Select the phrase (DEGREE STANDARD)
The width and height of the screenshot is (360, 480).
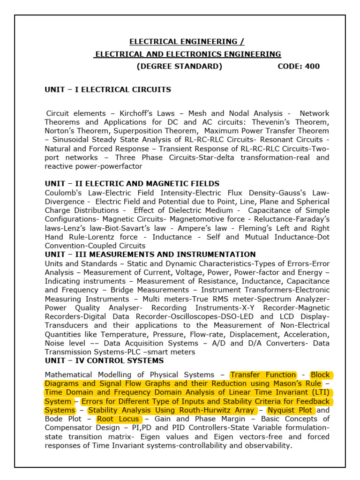[x=179, y=66]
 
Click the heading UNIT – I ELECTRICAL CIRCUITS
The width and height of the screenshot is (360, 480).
[x=108, y=90]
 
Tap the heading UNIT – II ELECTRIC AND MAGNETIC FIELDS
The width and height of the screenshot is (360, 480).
[x=132, y=184]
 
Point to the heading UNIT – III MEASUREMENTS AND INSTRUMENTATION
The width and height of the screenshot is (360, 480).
[x=150, y=255]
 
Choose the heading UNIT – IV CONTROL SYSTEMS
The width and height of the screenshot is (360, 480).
[x=104, y=360]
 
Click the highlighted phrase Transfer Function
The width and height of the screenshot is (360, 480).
[x=263, y=375]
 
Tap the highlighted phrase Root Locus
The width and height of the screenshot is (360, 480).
[x=118, y=419]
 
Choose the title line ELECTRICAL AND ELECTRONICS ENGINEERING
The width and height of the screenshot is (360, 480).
[x=187, y=54]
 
